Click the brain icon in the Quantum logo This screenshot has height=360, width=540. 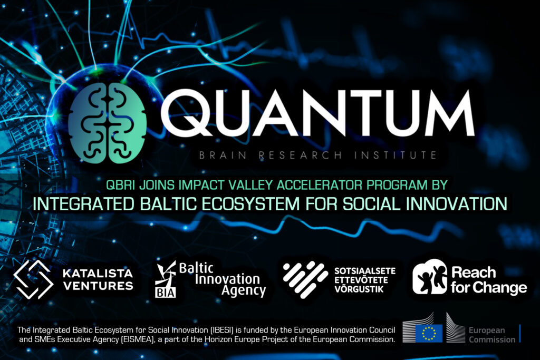[x=107, y=122]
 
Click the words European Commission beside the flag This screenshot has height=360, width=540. [x=491, y=335]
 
